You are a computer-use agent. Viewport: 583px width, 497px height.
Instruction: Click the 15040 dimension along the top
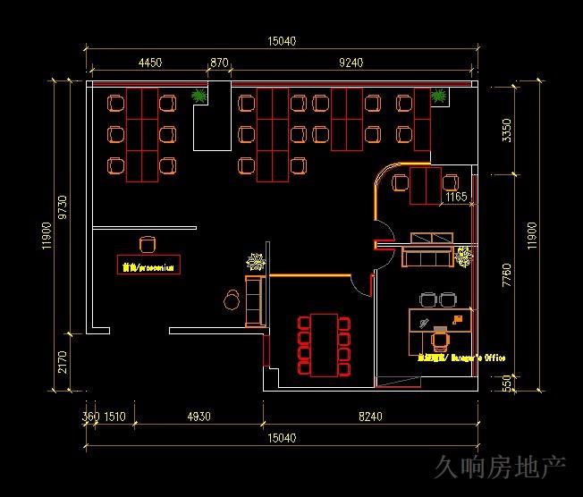pyautogui.click(x=282, y=41)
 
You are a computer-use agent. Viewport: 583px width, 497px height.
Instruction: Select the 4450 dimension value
pyautogui.click(x=150, y=63)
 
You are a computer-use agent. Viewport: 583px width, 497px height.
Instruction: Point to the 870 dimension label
pyautogui.click(x=219, y=63)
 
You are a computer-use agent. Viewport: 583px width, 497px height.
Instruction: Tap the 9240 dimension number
pyautogui.click(x=351, y=63)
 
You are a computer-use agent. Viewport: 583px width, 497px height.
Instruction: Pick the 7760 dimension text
pyautogui.click(x=507, y=274)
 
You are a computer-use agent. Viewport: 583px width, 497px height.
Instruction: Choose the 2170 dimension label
pyautogui.click(x=63, y=361)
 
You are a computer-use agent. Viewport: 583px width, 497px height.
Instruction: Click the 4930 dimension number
pyautogui.click(x=199, y=417)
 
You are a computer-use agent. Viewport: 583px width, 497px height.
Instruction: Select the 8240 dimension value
pyautogui.click(x=369, y=417)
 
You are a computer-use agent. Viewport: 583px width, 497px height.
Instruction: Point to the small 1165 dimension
pyautogui.click(x=456, y=197)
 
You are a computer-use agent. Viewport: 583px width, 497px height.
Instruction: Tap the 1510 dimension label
pyautogui.click(x=114, y=417)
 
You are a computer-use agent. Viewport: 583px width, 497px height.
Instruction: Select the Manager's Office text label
pyautogui.click(x=460, y=358)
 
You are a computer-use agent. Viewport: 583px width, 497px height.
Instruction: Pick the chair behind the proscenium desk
pyautogui.click(x=148, y=244)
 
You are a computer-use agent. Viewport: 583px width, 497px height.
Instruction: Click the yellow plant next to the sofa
pyautogui.click(x=463, y=257)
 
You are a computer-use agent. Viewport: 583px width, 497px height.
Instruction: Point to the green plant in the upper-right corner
pyautogui.click(x=438, y=96)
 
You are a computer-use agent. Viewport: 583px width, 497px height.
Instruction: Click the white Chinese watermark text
pyautogui.click(x=500, y=467)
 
